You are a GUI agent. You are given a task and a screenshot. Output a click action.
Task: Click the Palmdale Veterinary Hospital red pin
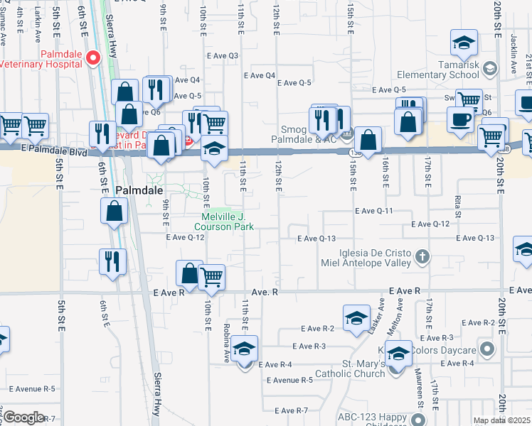click(92, 58)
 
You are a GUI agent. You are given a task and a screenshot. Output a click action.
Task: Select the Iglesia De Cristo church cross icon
click(422, 256)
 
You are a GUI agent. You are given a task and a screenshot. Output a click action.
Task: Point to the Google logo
click(23, 417)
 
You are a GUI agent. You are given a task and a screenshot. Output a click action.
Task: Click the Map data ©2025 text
click(501, 420)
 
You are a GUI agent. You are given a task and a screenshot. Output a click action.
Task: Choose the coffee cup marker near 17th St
click(460, 119)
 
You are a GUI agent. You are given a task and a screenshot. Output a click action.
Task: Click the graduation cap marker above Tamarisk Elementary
click(464, 43)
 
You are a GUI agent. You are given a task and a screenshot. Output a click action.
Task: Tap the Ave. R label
click(265, 292)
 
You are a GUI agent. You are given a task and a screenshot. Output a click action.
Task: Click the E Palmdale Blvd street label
click(53, 152)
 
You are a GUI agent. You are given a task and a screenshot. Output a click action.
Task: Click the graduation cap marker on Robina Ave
click(244, 349)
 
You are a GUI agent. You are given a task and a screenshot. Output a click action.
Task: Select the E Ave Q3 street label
click(223, 55)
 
